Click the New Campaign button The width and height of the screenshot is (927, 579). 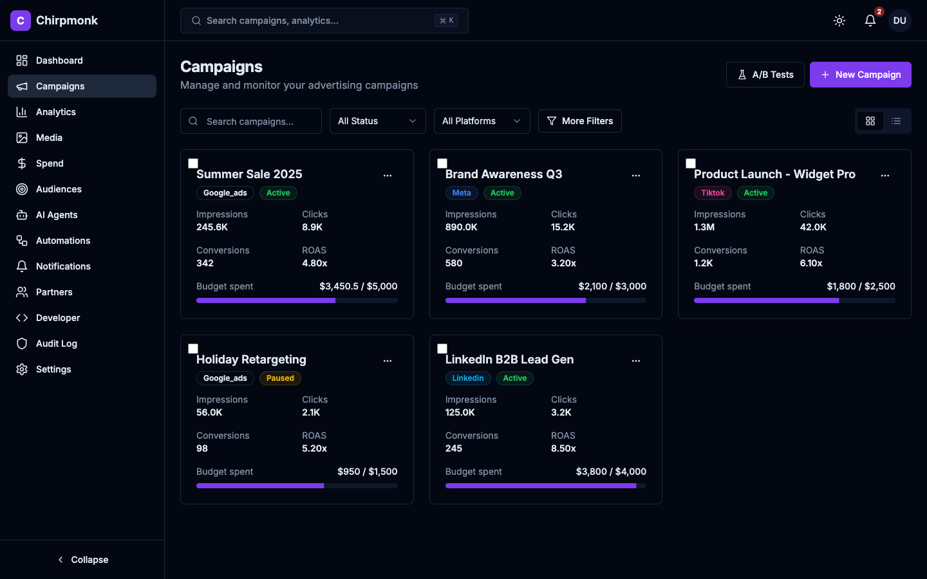pyautogui.click(x=860, y=75)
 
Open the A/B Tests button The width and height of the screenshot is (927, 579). pyautogui.click(x=765, y=75)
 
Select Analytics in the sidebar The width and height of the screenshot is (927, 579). pyautogui.click(x=56, y=112)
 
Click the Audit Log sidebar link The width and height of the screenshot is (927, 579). pyautogui.click(x=57, y=344)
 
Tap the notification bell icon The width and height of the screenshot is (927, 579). pyautogui.click(x=870, y=21)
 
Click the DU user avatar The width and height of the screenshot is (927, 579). pyautogui.click(x=899, y=21)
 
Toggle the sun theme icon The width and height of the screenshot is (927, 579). pyautogui.click(x=839, y=21)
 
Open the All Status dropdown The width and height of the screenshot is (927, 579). pyautogui.click(x=377, y=121)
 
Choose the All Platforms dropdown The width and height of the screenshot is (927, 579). pyautogui.click(x=482, y=121)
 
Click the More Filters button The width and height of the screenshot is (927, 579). pyautogui.click(x=579, y=121)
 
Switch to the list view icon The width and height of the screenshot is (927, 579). pyautogui.click(x=896, y=121)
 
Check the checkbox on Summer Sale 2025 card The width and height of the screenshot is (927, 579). pyautogui.click(x=193, y=163)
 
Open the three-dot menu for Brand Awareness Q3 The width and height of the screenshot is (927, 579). pyautogui.click(x=636, y=175)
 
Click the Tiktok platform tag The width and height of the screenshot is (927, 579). pyautogui.click(x=713, y=193)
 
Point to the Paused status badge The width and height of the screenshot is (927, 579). pyautogui.click(x=280, y=378)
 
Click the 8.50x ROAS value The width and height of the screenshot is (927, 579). pyautogui.click(x=563, y=448)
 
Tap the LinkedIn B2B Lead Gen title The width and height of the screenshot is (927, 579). pyautogui.click(x=509, y=360)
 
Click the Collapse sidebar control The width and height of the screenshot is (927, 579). pyautogui.click(x=82, y=560)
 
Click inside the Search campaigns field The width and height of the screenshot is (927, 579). pyautogui.click(x=257, y=122)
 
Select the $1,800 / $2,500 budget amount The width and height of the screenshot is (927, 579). pyautogui.click(x=861, y=286)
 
